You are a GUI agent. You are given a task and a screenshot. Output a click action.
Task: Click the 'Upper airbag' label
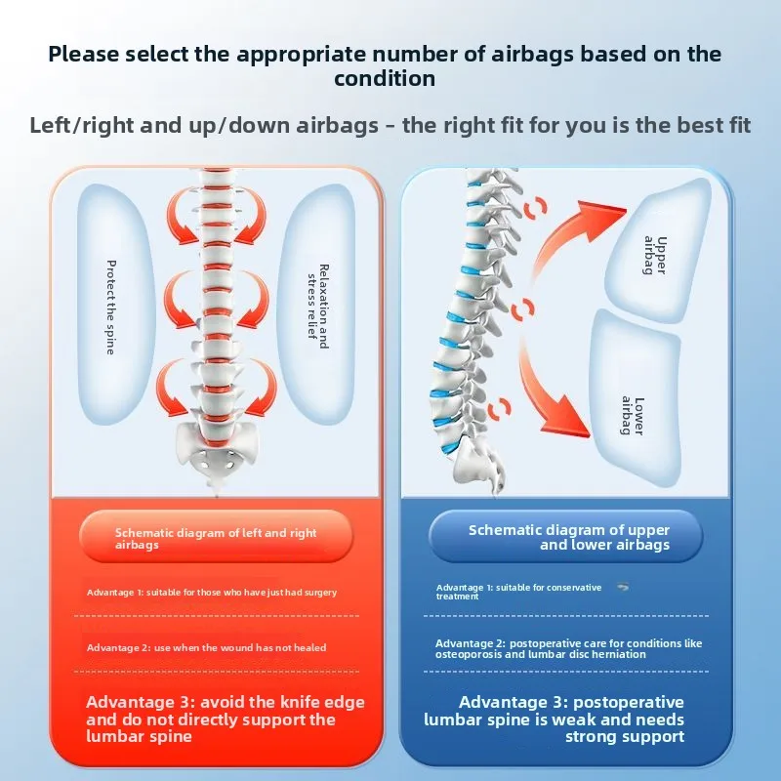[655, 255]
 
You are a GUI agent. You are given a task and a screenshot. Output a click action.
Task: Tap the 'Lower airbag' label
[633, 416]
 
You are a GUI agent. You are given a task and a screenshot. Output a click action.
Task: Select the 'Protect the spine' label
[111, 308]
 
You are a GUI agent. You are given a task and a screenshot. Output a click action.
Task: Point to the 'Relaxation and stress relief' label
[318, 307]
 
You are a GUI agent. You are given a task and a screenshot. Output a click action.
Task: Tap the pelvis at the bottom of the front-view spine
[217, 446]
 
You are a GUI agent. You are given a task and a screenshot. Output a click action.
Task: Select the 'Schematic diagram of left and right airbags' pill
[216, 536]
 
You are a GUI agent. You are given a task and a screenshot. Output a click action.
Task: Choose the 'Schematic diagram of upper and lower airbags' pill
[566, 536]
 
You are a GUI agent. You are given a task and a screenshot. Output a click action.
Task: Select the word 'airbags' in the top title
[532, 55]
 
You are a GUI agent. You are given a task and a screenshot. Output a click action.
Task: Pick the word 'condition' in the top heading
[385, 79]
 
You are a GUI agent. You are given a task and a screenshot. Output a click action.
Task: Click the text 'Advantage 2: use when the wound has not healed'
[206, 648]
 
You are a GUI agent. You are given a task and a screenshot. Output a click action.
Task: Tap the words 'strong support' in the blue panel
[625, 737]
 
